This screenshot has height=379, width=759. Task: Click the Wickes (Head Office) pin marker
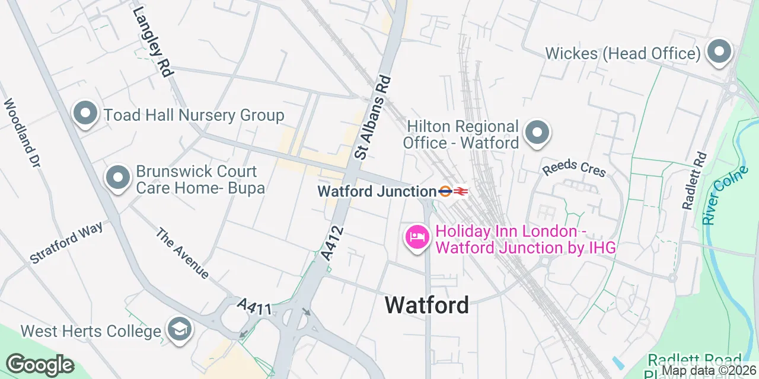[x=719, y=52]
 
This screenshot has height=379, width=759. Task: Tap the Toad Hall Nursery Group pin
[x=85, y=114]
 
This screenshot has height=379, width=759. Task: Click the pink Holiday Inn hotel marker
[x=417, y=237]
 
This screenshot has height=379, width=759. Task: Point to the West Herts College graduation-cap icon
[x=178, y=330]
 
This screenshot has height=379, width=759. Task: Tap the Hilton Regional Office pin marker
[x=538, y=133]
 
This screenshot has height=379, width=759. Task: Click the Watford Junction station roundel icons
[x=454, y=191]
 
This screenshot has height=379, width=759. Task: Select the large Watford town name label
[x=427, y=305]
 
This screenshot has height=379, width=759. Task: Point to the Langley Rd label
[x=152, y=41]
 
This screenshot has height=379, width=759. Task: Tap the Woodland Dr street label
[x=21, y=133]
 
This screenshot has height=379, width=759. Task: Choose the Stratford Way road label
[x=66, y=242]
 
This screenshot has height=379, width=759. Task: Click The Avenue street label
[x=182, y=253]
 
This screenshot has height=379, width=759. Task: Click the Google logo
[x=40, y=365]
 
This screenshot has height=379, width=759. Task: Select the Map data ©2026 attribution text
[x=709, y=371]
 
